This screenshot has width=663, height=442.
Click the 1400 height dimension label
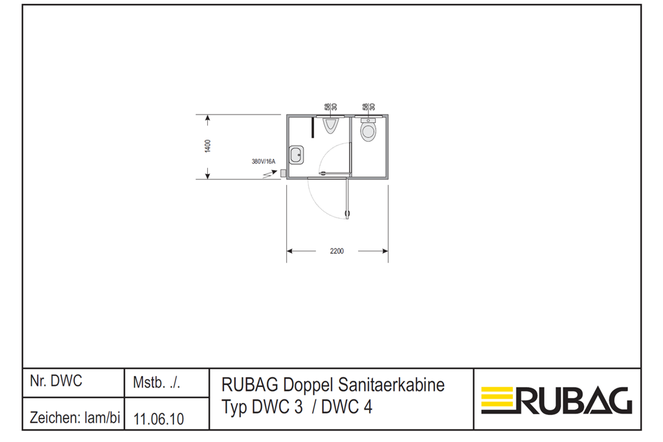tap(208, 146)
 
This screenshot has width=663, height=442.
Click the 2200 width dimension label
tap(337, 251)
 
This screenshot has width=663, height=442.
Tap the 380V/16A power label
tap(263, 161)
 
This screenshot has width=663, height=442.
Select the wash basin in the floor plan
tap(297, 155)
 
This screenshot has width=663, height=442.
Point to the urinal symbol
tap(331, 126)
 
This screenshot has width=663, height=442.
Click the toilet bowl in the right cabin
tap(368, 130)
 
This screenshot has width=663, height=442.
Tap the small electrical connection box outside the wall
tap(284, 173)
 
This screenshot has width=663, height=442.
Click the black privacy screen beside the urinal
tap(313, 127)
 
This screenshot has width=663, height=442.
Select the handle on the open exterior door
tap(348, 214)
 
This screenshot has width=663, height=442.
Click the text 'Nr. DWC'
tap(56, 381)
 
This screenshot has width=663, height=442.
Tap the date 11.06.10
tap(159, 419)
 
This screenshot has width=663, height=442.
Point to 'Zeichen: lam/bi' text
tap(75, 418)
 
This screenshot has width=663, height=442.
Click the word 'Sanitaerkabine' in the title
tap(392, 385)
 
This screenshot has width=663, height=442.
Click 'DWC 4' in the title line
tap(347, 407)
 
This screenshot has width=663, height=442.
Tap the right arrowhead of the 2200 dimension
tap(385, 251)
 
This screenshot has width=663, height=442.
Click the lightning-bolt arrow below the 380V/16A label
tap(270, 173)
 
